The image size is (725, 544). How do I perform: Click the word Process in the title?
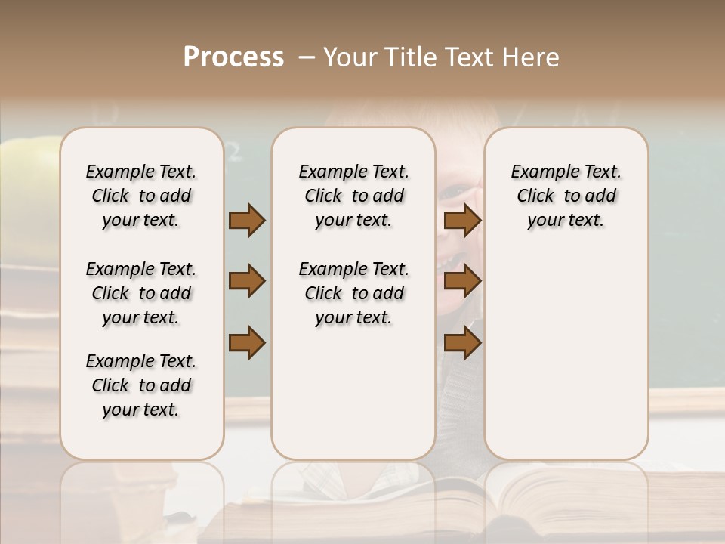(233, 57)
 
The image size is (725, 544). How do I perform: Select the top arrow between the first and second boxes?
(247, 220)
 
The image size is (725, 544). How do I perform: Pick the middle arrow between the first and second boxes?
(247, 281)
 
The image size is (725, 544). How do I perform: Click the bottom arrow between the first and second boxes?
(247, 343)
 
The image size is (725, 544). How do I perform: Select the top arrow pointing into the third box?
(462, 220)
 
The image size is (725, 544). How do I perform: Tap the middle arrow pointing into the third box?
(462, 281)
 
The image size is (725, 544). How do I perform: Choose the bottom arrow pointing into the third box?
(462, 343)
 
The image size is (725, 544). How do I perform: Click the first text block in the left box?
(141, 196)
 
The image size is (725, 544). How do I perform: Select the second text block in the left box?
(141, 293)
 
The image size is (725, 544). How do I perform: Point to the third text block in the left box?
(141, 385)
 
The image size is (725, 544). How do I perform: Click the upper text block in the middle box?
(353, 196)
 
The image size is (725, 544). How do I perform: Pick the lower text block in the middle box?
(353, 293)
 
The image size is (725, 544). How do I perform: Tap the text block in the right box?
(566, 196)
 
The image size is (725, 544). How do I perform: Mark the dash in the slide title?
(307, 57)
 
